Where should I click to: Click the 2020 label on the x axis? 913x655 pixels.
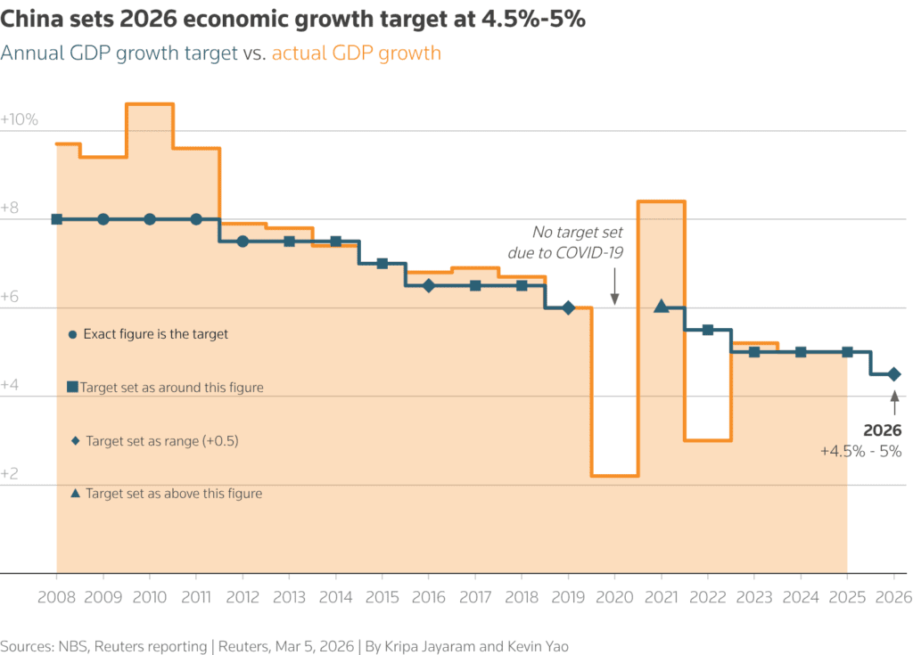coord(615,598)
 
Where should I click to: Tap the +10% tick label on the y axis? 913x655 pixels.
coord(20,119)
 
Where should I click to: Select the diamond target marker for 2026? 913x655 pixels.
coord(894,374)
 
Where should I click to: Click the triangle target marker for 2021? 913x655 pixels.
coord(661,307)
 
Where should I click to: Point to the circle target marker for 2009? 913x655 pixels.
coord(103,219)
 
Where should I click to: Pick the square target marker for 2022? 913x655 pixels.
coord(708,330)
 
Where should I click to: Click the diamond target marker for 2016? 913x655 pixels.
coord(429,285)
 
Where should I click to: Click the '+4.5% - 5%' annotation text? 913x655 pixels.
coord(860,452)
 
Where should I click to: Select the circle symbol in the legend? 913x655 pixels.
coord(73,335)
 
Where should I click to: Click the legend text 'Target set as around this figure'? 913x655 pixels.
coord(171,388)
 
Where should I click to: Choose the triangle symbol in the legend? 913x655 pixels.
coord(74,493)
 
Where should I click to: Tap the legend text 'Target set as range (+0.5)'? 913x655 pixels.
coord(162,441)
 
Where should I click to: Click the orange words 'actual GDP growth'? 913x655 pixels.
coord(356,53)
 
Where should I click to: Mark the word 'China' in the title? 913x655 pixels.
coord(30,20)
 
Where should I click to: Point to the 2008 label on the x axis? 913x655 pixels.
coord(56,598)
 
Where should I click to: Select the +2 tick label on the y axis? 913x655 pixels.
coord(11,474)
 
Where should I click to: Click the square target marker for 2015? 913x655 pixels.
coord(382,263)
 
